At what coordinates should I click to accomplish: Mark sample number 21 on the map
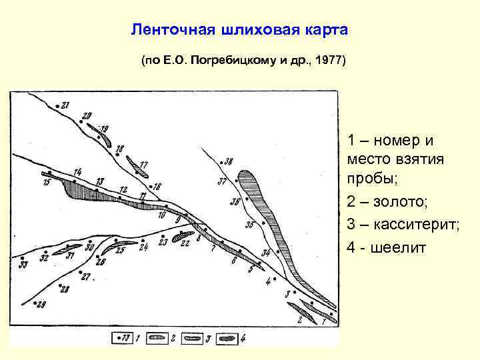point(65,105)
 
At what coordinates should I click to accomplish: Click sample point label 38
point(229,161)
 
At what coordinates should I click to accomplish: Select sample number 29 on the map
point(41,304)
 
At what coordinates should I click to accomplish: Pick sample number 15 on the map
point(46,181)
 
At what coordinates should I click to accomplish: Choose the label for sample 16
point(157,187)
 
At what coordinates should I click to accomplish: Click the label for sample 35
point(249,225)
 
